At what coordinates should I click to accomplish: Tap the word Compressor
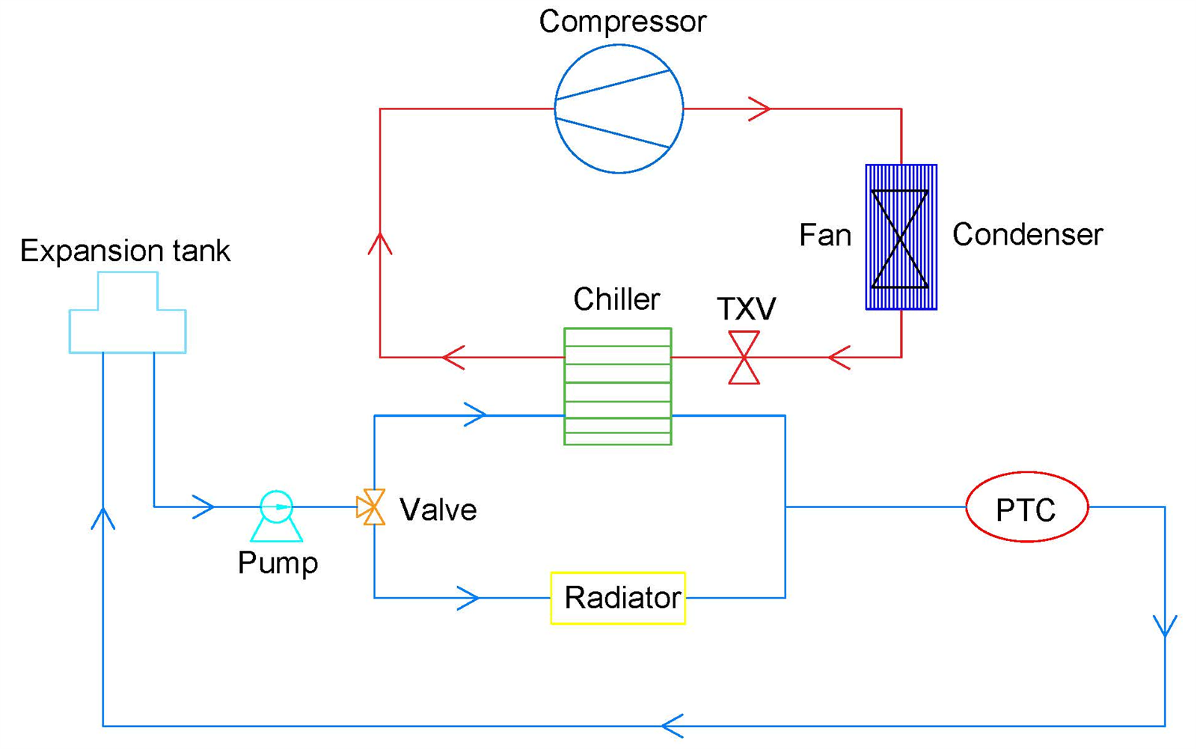(x=622, y=22)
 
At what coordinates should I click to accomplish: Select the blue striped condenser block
(x=901, y=237)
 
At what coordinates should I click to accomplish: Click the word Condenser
(x=1028, y=235)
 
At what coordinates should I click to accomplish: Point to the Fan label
(x=825, y=235)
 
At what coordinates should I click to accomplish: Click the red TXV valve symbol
(x=744, y=357)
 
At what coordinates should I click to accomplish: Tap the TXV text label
(x=746, y=308)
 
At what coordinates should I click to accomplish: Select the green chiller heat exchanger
(x=618, y=386)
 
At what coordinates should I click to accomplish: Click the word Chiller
(x=616, y=299)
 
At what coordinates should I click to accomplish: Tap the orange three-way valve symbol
(x=371, y=507)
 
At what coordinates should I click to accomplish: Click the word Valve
(x=438, y=510)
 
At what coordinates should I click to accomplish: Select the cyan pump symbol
(x=276, y=516)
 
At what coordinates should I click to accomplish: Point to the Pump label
(x=278, y=563)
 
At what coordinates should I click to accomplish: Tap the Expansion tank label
(x=125, y=251)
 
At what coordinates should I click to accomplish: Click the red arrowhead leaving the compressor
(x=759, y=109)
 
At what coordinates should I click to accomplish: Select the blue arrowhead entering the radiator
(x=468, y=598)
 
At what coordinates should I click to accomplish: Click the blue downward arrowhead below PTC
(x=1165, y=626)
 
